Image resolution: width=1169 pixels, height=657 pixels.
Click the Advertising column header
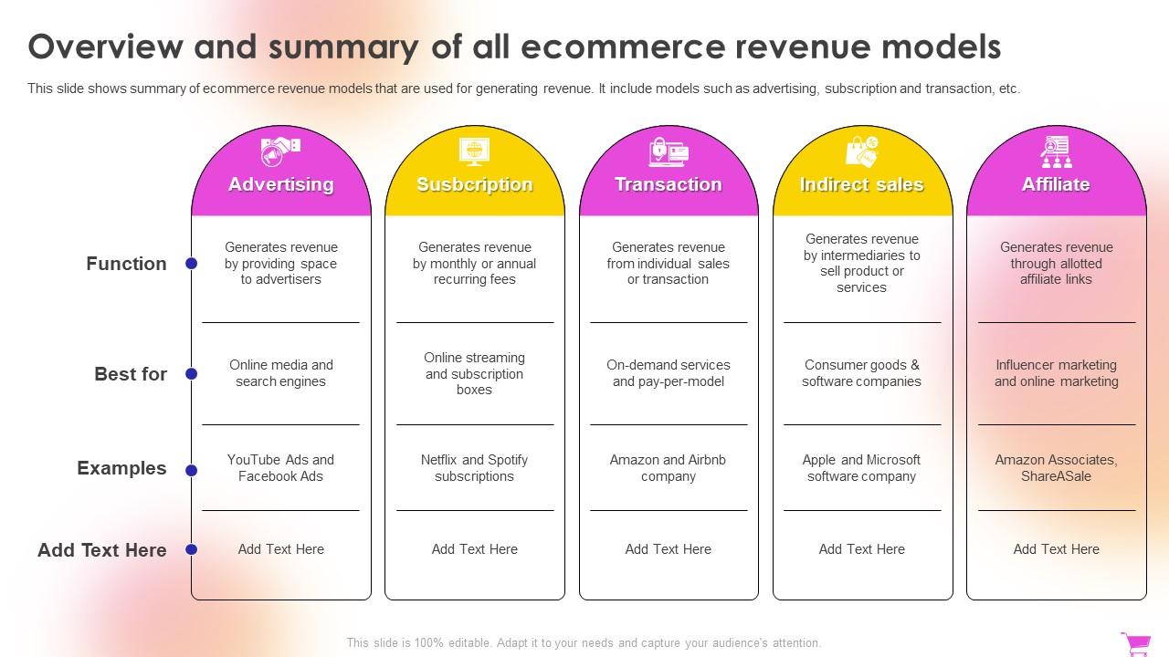pyautogui.click(x=280, y=184)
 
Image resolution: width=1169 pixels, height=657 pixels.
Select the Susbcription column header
pyautogui.click(x=474, y=184)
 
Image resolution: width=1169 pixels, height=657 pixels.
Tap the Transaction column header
pyautogui.click(x=668, y=184)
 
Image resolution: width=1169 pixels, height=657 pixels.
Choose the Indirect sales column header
pyautogui.click(x=861, y=184)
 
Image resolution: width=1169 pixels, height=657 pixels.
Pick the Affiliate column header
pyautogui.click(x=1056, y=184)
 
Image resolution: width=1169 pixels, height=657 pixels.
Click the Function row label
pyautogui.click(x=126, y=264)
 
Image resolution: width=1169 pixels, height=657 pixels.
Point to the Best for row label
pyautogui.click(x=131, y=374)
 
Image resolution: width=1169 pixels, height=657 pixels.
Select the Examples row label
pyautogui.click(x=121, y=468)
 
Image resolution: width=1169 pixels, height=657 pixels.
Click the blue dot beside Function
pyautogui.click(x=192, y=264)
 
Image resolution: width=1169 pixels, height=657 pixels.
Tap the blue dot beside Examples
pyautogui.click(x=192, y=470)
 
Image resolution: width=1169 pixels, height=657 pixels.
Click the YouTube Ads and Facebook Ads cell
pyautogui.click(x=280, y=468)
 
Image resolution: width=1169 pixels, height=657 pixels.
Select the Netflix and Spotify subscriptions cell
pyautogui.click(x=474, y=468)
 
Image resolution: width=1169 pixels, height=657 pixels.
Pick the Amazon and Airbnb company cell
pyautogui.click(x=668, y=468)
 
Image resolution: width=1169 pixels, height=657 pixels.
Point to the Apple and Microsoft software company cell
pyautogui.click(x=861, y=468)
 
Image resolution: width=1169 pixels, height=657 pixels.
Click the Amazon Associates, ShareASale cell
pyautogui.click(x=1056, y=468)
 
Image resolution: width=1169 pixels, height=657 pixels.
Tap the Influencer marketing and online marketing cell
pyautogui.click(x=1056, y=373)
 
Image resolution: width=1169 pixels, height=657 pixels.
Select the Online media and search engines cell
pyautogui.click(x=280, y=373)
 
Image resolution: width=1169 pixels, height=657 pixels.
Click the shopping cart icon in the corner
pyautogui.click(x=1136, y=643)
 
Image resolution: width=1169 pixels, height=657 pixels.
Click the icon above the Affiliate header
pyautogui.click(x=1056, y=151)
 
